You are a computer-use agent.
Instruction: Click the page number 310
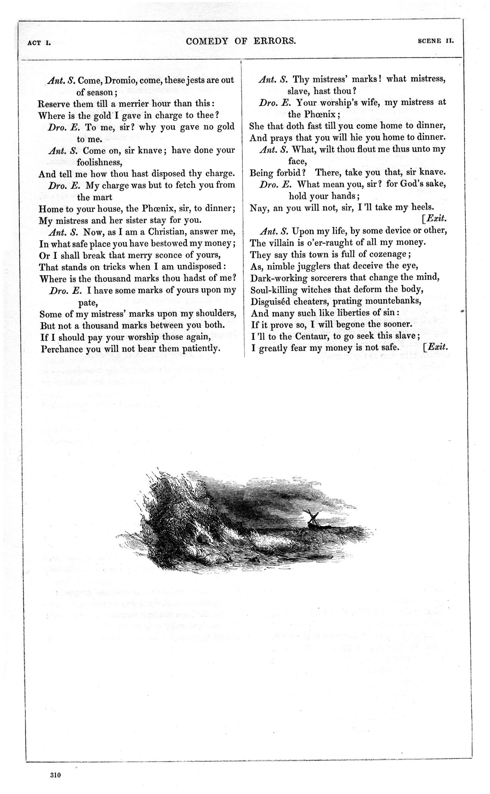pos(55,775)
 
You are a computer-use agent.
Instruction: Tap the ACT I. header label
pos(39,43)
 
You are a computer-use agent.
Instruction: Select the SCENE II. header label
pos(436,41)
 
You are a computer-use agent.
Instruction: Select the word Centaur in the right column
pos(312,336)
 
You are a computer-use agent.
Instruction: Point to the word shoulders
pos(216,314)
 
